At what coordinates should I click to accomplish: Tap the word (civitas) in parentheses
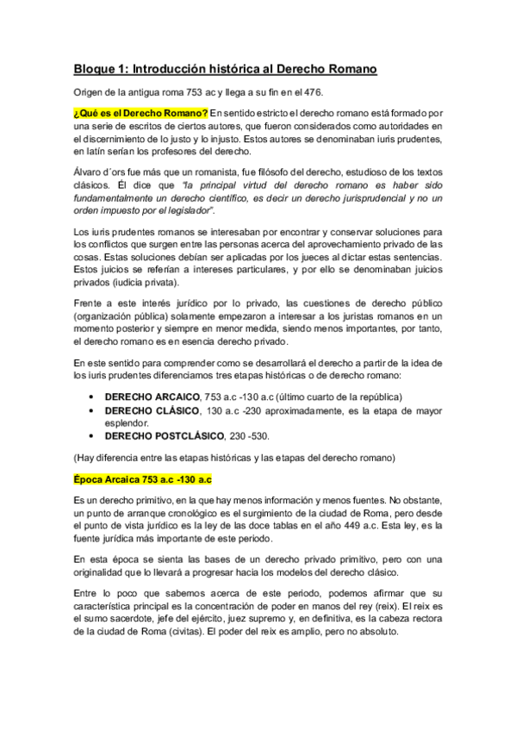point(200,630)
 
